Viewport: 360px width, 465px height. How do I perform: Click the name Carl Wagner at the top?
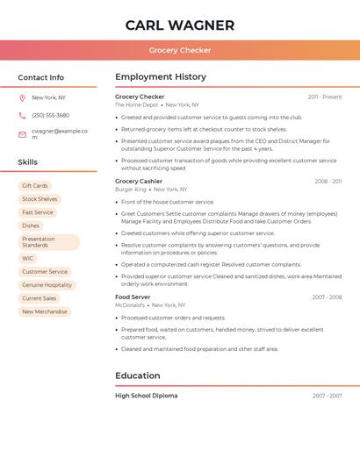(180, 25)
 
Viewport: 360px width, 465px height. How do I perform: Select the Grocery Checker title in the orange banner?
(180, 50)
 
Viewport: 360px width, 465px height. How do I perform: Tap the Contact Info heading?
(41, 77)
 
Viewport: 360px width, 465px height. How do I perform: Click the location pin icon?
(22, 98)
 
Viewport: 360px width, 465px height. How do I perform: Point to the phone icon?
(22, 116)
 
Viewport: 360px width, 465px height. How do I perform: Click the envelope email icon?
(22, 134)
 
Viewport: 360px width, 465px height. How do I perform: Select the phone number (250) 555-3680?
(50, 116)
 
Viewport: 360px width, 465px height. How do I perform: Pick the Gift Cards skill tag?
(35, 186)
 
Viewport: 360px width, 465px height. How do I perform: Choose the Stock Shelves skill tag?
(40, 199)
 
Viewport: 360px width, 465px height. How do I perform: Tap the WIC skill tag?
(28, 259)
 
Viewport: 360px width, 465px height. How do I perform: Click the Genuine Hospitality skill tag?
(47, 285)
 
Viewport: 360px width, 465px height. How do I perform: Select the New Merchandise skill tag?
(44, 311)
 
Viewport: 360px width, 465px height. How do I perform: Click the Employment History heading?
(161, 77)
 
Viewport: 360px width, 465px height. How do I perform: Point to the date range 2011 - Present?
(324, 97)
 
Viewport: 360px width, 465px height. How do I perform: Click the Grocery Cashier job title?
(139, 182)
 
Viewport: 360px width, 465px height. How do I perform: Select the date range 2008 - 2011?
(328, 182)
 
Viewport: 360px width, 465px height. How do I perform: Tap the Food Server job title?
(133, 297)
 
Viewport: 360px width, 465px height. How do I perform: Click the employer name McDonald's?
(131, 305)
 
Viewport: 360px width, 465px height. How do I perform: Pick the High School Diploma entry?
(146, 396)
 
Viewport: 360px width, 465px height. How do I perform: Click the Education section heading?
(137, 376)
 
